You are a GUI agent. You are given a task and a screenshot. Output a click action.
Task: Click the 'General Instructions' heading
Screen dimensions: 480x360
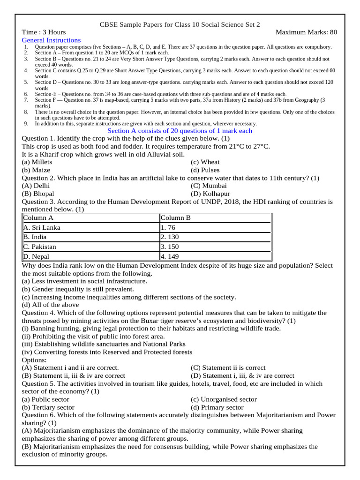51,40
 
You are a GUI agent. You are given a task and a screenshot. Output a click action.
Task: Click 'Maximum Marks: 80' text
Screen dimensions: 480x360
307,32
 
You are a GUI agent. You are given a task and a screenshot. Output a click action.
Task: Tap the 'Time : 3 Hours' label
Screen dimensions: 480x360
44,32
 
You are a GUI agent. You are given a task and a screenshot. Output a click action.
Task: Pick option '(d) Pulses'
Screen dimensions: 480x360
205,170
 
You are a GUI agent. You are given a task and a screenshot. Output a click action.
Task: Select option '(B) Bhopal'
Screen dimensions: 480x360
38,194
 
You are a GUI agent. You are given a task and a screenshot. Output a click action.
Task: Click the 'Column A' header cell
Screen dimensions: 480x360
38,218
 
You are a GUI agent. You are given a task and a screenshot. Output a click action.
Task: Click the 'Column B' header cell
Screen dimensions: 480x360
175,218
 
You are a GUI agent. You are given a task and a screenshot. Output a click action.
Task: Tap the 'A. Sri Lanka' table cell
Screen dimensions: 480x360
42,228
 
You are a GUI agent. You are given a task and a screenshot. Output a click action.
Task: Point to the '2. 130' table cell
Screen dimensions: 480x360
169,237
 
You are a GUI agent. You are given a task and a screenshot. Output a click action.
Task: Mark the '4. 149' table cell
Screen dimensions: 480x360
169,256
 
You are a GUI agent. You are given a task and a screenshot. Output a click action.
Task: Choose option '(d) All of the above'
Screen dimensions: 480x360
51,305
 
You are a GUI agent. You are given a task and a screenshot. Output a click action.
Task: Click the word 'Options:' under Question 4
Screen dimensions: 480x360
35,360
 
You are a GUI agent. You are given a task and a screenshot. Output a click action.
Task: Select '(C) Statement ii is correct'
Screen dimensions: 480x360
228,368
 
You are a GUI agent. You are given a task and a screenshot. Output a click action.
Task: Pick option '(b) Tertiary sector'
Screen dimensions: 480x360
48,407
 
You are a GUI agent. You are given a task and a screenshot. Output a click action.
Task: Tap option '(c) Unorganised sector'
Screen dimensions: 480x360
224,399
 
